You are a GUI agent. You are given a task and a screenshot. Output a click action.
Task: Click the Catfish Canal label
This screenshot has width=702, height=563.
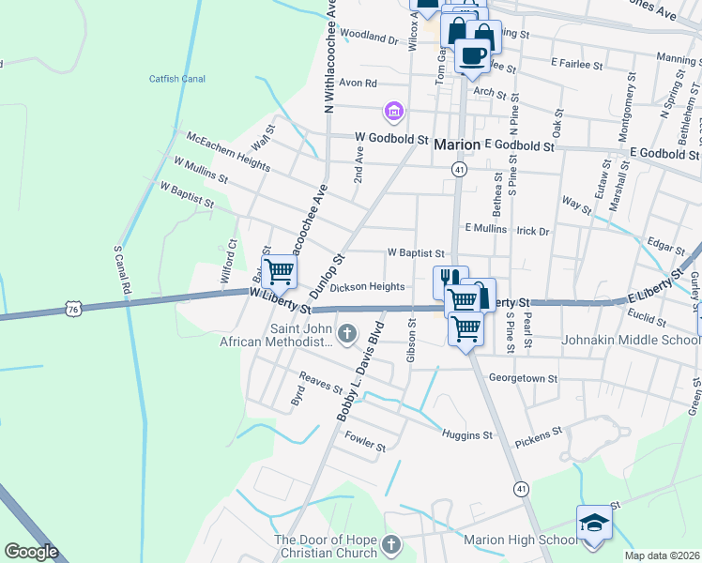click(176, 79)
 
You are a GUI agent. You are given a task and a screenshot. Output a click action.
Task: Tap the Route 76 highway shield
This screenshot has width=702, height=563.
click(75, 308)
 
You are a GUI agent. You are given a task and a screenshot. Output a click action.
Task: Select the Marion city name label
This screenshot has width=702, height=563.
click(457, 145)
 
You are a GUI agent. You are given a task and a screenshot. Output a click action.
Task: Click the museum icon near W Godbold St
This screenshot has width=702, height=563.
click(393, 114)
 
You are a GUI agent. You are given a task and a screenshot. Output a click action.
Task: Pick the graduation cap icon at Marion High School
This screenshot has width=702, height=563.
click(593, 523)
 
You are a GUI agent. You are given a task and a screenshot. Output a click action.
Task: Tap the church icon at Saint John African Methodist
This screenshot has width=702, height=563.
click(347, 332)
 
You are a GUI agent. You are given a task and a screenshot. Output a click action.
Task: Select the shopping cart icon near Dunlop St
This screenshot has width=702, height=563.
click(279, 272)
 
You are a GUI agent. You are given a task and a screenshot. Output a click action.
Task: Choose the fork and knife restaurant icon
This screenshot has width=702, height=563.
click(449, 281)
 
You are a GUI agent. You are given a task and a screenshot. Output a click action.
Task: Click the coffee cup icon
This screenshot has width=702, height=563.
click(472, 54)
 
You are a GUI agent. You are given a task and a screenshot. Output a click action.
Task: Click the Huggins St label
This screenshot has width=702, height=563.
click(466, 434)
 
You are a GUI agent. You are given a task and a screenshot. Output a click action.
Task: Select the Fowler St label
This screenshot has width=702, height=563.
click(365, 440)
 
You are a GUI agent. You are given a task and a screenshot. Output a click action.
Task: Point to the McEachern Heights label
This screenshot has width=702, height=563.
click(228, 152)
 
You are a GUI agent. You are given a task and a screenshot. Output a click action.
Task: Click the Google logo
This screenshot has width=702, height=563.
click(31, 552)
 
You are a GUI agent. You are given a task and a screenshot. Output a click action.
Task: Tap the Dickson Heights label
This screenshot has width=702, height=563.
click(367, 287)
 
